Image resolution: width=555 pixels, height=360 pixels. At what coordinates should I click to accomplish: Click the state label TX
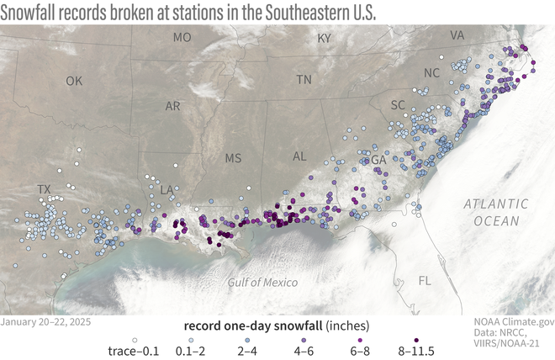point(44,190)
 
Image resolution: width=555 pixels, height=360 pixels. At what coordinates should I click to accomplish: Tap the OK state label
point(75,82)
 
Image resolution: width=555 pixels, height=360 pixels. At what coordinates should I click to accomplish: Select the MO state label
point(182,38)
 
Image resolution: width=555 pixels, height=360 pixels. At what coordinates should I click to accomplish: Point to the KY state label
point(325,39)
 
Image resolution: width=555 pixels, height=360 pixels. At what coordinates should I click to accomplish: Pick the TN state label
point(304,80)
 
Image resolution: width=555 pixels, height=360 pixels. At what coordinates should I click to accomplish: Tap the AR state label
point(173,107)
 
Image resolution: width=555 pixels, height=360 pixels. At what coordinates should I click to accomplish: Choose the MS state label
point(233,158)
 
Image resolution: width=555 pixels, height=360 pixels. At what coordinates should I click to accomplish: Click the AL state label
point(298,156)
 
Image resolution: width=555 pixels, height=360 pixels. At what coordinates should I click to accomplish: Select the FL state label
point(425,281)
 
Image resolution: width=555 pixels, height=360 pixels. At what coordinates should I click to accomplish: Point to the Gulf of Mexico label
point(263,282)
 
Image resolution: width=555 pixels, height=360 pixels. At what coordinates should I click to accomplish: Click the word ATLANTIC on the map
point(494,204)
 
